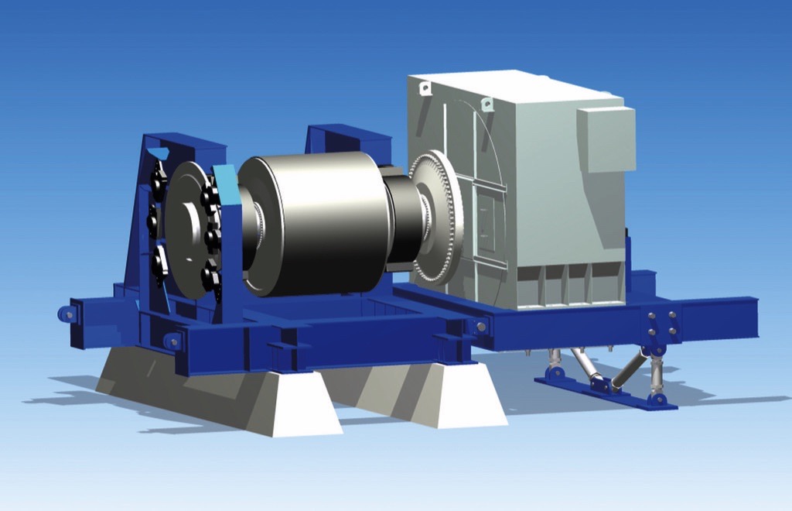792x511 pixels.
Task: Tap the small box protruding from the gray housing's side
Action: [606, 139]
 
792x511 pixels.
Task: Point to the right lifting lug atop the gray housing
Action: [486, 104]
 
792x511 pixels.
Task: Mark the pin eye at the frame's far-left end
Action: [68, 314]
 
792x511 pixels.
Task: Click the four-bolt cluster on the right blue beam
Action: [661, 323]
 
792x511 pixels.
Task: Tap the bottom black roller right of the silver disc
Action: [210, 275]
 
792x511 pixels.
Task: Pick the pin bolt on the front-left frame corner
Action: [172, 341]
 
